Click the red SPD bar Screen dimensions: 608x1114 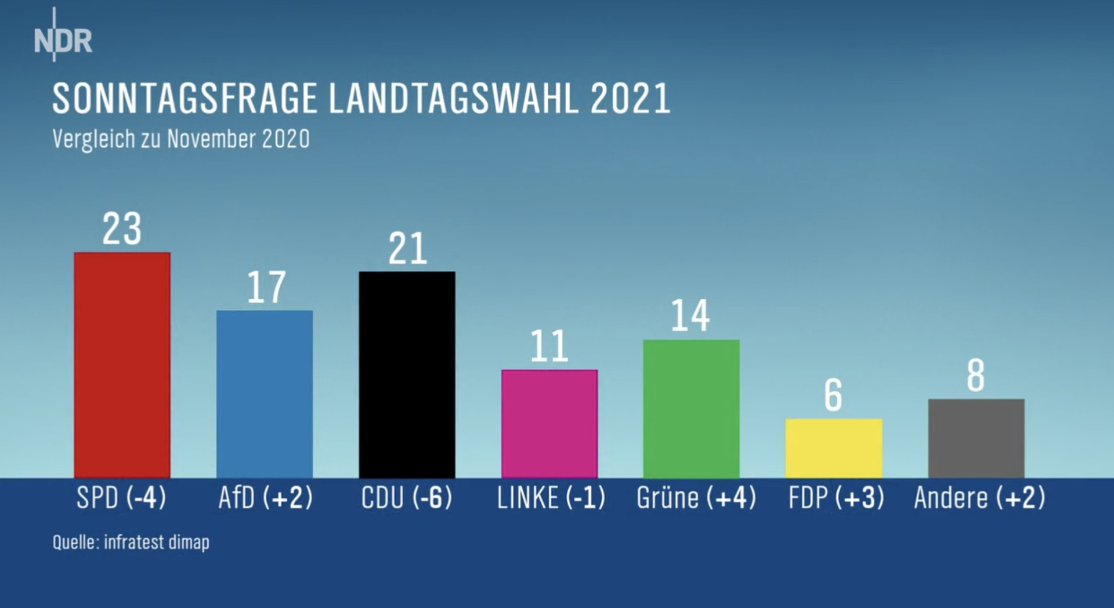tap(122, 365)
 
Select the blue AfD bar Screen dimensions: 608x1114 tap(265, 394)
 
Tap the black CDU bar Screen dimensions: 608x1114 tap(407, 374)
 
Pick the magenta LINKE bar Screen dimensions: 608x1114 tap(549, 424)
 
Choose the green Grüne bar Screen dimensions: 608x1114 tap(691, 408)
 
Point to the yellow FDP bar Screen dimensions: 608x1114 tap(834, 448)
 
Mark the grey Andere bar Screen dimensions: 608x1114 tap(976, 438)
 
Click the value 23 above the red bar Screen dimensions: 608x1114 tap(122, 229)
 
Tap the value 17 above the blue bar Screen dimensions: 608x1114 tap(266, 287)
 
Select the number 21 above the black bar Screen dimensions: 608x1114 tap(407, 249)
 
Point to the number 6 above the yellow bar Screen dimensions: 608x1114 tap(833, 395)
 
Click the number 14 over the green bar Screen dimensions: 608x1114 tap(690, 316)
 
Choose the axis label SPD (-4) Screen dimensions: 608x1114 tap(121, 498)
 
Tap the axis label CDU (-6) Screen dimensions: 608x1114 tap(406, 498)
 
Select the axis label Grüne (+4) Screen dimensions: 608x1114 tap(696, 498)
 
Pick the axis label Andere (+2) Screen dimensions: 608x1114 tap(979, 498)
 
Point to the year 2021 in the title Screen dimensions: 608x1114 tap(630, 99)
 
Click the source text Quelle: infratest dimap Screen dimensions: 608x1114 tap(131, 542)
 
